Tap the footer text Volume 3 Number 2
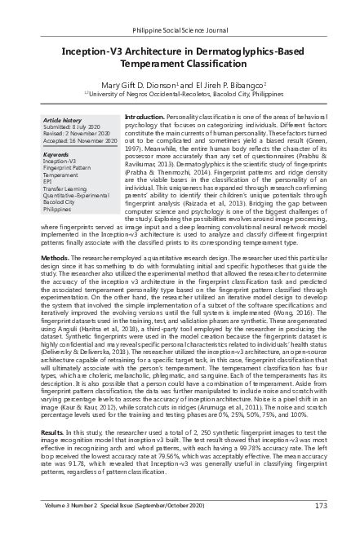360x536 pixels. point(71,527)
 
